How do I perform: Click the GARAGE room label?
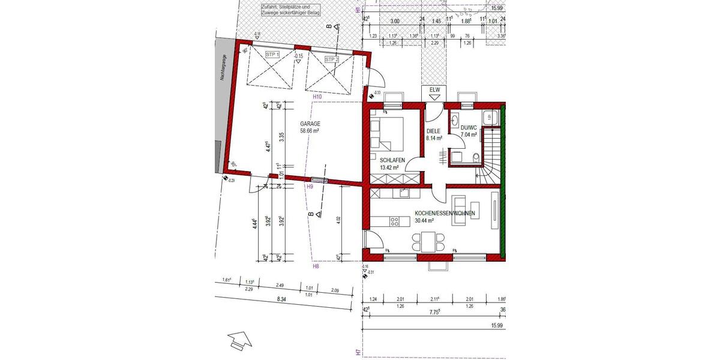310,124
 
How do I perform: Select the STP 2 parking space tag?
332,59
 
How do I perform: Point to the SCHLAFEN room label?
392,160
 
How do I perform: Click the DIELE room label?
433,131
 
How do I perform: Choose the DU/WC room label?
469,127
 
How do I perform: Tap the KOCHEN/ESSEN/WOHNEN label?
445,213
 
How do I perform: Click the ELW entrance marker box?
434,91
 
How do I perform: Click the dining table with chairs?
427,241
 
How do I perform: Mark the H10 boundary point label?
317,97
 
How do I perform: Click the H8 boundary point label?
316,266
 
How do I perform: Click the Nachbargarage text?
223,67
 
